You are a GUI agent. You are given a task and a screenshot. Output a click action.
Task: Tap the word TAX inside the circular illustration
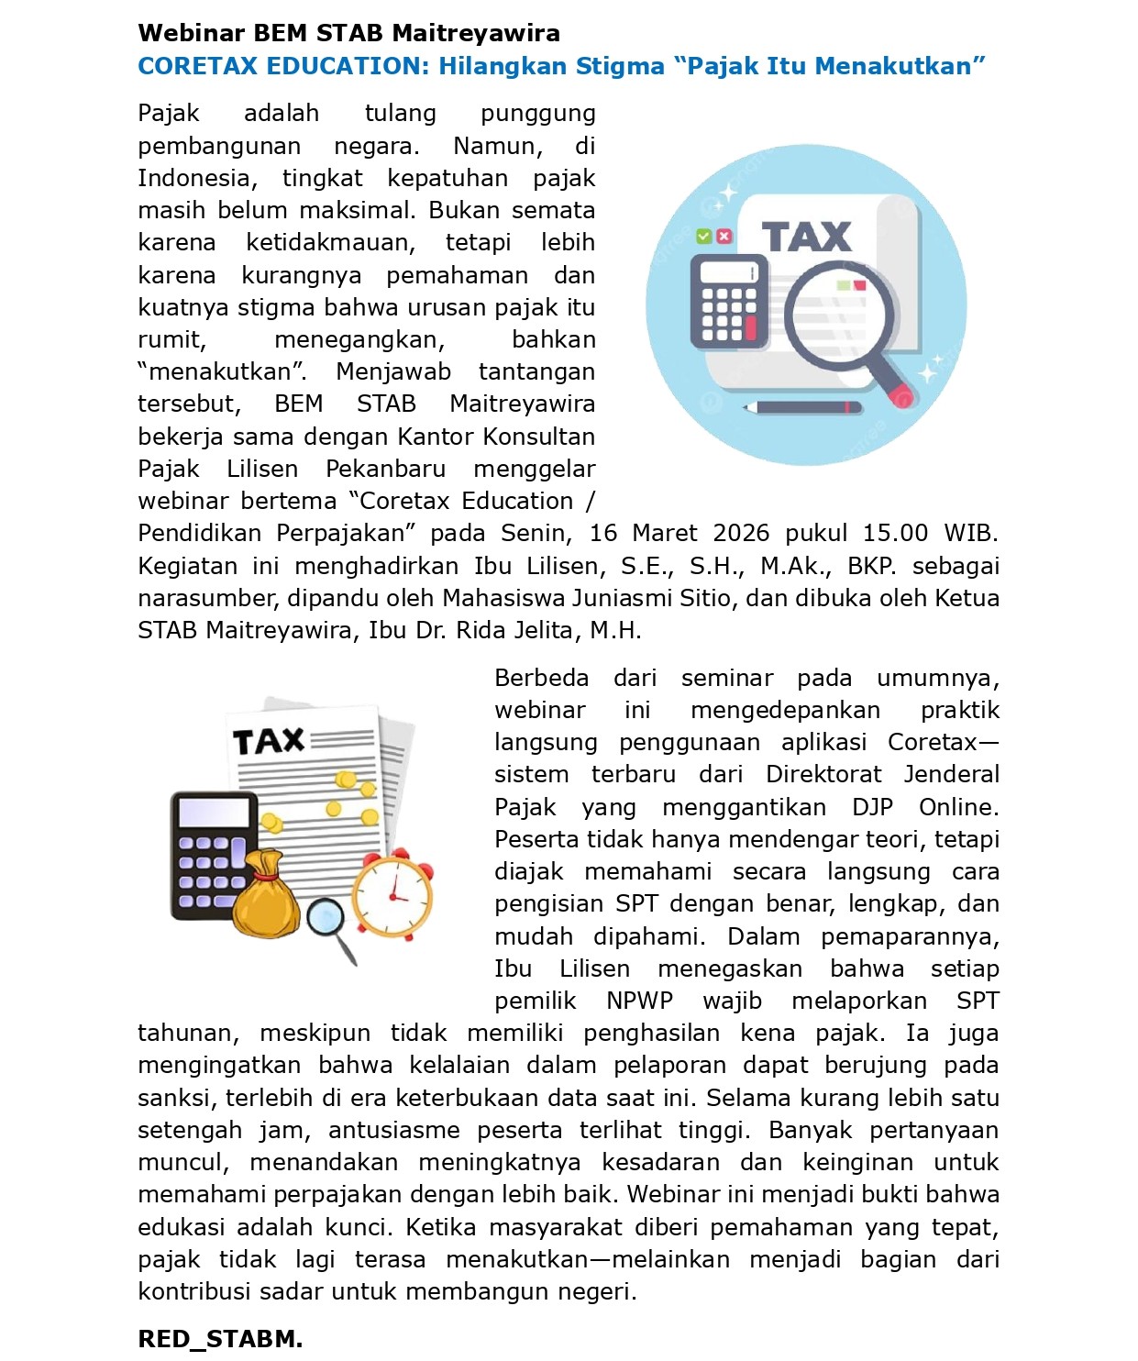806,237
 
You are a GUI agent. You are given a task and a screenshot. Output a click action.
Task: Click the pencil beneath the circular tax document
802,406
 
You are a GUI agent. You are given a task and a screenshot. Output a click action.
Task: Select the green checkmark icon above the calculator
703,237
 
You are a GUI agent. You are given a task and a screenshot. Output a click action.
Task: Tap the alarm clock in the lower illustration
393,893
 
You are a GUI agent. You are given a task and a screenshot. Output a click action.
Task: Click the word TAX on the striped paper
268,741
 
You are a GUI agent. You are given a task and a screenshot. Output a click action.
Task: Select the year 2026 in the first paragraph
741,533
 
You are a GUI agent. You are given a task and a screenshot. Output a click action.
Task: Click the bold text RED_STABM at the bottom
220,1339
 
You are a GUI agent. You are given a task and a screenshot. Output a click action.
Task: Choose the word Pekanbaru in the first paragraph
385,469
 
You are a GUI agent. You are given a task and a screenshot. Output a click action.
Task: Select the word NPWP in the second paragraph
639,1001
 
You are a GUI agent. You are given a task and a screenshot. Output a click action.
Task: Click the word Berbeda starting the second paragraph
541,678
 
